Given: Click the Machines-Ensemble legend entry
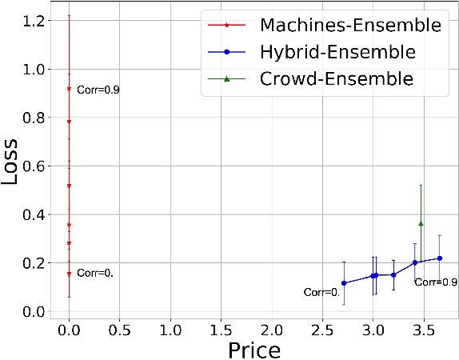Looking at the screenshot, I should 349,26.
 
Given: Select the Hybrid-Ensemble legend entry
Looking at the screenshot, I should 337,52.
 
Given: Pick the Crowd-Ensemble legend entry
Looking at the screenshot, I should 336,78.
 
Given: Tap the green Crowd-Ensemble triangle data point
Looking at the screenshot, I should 421,223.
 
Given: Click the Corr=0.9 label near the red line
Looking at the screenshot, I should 98,90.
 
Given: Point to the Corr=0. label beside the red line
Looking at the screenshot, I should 95,273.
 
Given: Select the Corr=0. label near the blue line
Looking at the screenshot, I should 322,293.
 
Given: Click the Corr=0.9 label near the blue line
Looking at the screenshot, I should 436,282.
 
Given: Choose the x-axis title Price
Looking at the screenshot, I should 254,349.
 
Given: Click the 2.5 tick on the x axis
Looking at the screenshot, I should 322,329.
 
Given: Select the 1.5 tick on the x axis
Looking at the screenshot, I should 222,329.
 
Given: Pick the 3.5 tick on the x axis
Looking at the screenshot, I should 423,329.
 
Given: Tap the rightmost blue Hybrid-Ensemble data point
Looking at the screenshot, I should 440,258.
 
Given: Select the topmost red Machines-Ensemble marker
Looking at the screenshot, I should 70,89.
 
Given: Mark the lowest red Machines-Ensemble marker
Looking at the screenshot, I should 70,274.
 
